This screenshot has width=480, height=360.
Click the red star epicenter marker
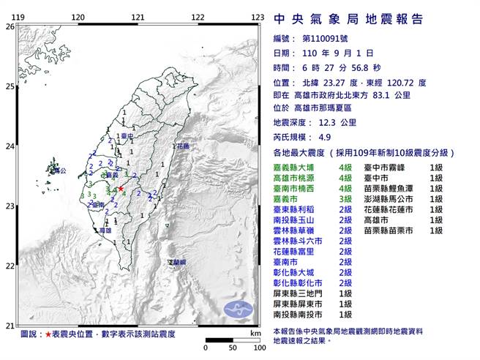[121, 189]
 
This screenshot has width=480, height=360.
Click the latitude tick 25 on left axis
[10, 86]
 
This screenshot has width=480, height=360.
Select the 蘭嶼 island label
[176, 261]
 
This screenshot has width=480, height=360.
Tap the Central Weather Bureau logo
[239, 307]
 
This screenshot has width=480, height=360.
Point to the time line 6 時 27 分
[326, 67]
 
